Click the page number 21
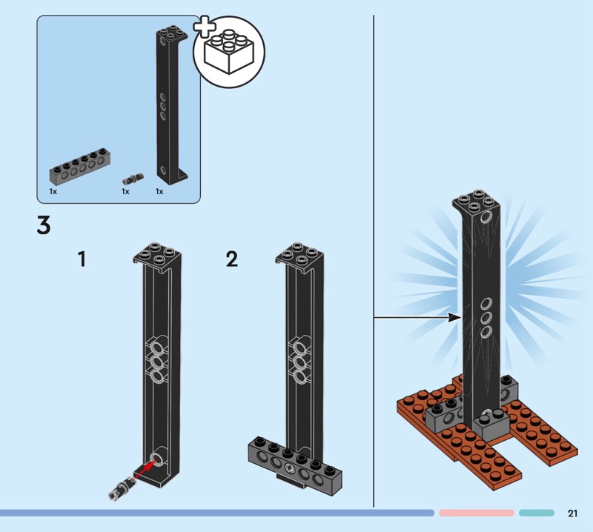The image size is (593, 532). (x=572, y=513)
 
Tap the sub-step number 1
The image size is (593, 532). (x=83, y=259)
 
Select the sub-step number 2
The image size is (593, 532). (x=232, y=259)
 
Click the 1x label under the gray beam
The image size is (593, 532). (x=53, y=192)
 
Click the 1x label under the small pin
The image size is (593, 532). (x=125, y=192)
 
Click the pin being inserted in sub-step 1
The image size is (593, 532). (x=122, y=485)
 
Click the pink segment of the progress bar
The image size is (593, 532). (x=476, y=513)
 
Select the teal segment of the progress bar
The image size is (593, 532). (x=536, y=513)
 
